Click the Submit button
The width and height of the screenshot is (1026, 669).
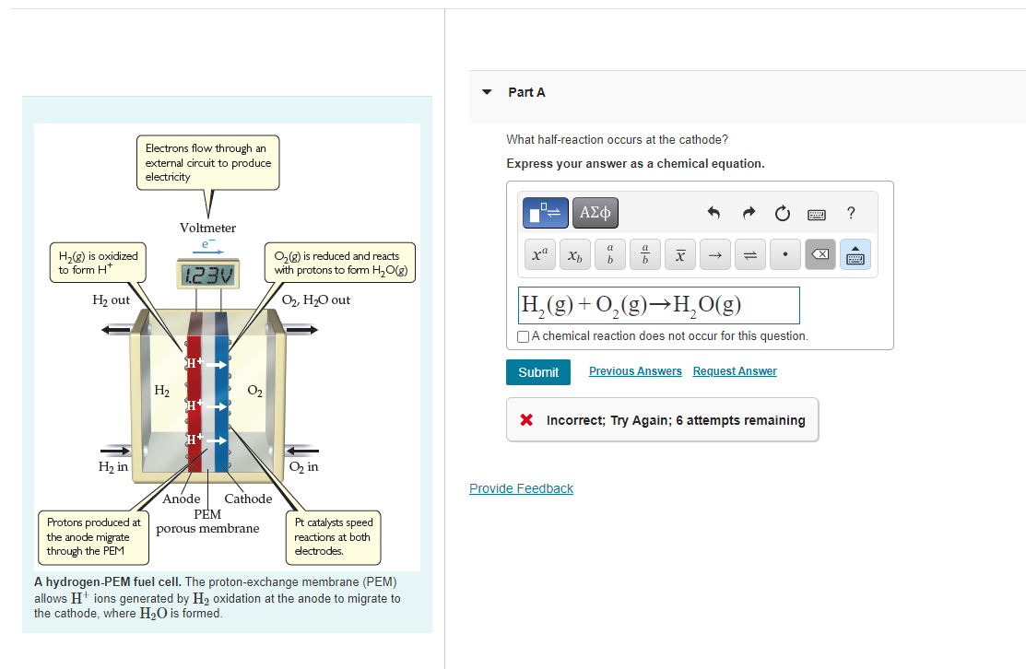pos(538,372)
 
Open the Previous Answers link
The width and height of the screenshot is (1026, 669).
pos(635,371)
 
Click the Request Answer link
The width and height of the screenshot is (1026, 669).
pos(735,371)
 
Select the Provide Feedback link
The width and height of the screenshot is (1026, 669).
pos(521,488)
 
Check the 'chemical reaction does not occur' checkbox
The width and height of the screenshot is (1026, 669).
pos(524,336)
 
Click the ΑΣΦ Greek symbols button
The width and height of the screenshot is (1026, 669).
pos(596,214)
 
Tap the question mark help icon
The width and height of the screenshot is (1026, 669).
pos(850,214)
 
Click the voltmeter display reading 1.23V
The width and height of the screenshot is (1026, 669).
pos(207,275)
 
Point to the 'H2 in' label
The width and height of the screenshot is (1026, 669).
pos(113,467)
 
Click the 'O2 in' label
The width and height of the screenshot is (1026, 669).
pos(303,467)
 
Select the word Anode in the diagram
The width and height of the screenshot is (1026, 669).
pos(182,499)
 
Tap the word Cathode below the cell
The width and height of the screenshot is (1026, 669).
pos(248,499)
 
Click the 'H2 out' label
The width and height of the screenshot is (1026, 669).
pos(112,300)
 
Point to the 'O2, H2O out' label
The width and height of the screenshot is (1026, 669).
pos(315,300)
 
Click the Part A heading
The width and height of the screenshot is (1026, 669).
pos(526,92)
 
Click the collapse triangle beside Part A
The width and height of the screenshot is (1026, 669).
pos(488,92)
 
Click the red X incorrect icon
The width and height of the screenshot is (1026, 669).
pos(526,420)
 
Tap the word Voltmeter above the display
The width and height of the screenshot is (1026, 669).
pos(207,228)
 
